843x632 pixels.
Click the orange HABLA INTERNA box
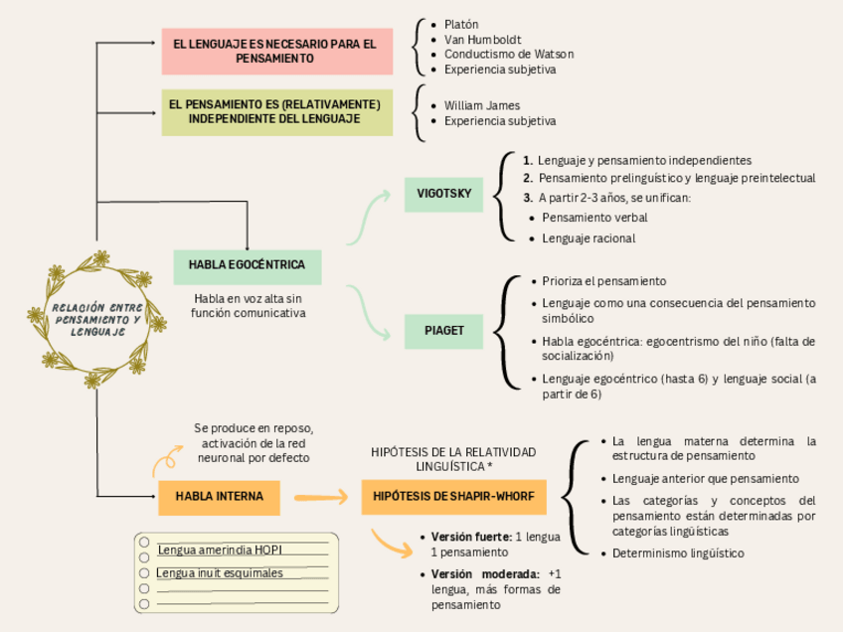219,497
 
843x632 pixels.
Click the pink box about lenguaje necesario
276,52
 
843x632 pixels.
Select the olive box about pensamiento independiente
276,111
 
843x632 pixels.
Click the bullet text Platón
461,24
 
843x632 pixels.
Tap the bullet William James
482,105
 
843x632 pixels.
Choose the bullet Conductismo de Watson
509,55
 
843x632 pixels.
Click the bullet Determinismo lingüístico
678,553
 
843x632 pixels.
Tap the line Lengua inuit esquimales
221,573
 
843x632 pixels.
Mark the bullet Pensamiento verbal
594,217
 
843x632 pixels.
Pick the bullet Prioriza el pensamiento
604,281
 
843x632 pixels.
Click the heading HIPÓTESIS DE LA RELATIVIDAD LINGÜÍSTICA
453,458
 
